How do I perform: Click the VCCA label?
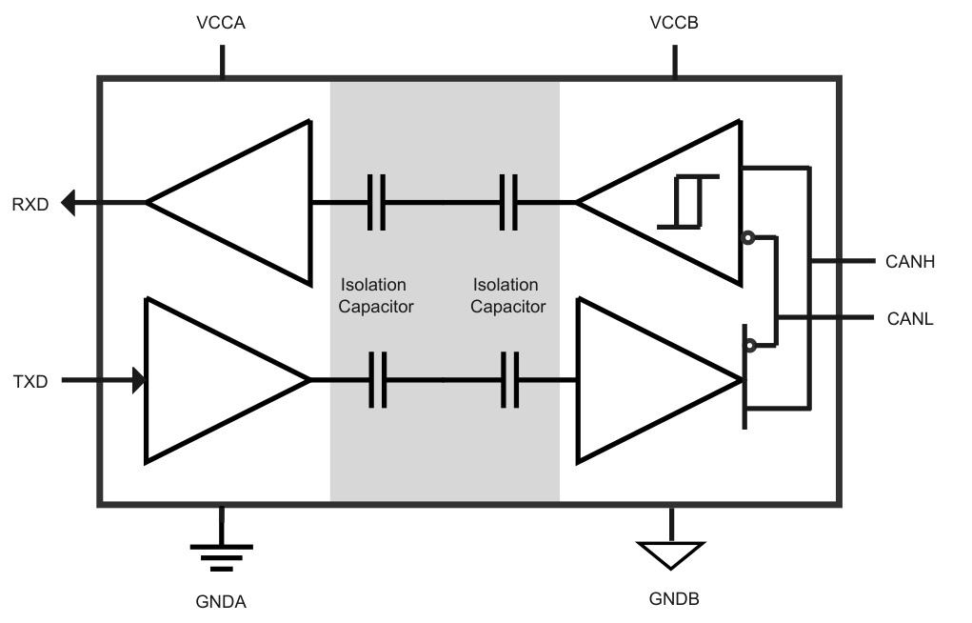tap(221, 22)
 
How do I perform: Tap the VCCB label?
tap(674, 22)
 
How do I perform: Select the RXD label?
tap(30, 204)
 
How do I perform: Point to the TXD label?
tap(30, 381)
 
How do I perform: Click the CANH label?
tap(910, 261)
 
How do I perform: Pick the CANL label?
tap(910, 318)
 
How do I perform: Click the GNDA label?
tap(221, 601)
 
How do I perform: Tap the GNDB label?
tap(674, 598)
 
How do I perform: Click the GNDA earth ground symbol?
tap(221, 556)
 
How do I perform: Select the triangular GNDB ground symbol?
tap(671, 554)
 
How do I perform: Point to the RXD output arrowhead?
tap(69, 203)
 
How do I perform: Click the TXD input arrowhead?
tap(139, 380)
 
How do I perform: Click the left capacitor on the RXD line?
tap(376, 202)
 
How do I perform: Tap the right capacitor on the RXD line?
tap(509, 202)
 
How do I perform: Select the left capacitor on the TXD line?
tap(378, 380)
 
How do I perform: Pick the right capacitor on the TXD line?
tap(509, 380)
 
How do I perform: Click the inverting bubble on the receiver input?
tap(748, 237)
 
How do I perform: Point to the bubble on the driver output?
tap(750, 345)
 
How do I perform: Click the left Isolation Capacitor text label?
tap(376, 295)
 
